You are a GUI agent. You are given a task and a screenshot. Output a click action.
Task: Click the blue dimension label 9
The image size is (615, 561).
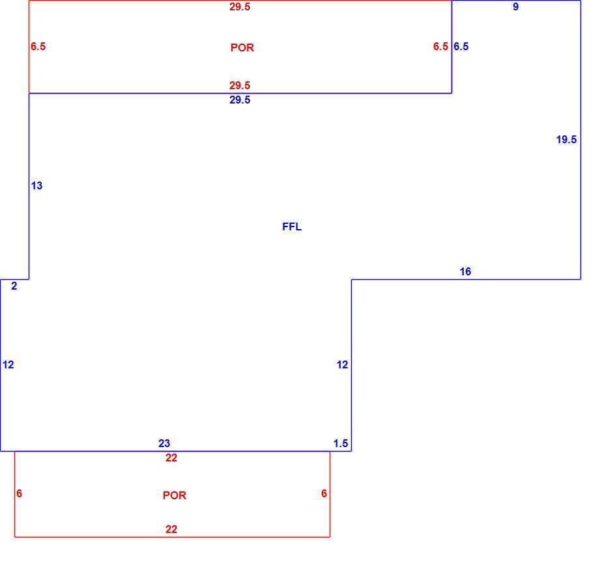click(x=516, y=7)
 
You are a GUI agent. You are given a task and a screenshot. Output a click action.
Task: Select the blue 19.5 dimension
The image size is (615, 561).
click(x=566, y=139)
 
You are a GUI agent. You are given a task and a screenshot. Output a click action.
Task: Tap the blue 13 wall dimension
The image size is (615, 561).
click(x=37, y=185)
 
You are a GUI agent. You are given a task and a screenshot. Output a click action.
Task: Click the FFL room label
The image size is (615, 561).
click(x=292, y=227)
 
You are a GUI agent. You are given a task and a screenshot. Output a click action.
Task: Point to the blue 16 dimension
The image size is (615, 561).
click(x=465, y=271)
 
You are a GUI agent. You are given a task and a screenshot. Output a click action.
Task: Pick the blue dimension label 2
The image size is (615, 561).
click(x=14, y=286)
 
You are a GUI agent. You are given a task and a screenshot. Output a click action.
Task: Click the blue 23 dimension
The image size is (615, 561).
click(x=164, y=443)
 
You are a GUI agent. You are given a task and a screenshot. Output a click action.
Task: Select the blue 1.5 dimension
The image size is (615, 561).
click(x=341, y=443)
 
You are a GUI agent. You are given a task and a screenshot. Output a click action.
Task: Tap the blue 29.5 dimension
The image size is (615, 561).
click(x=240, y=100)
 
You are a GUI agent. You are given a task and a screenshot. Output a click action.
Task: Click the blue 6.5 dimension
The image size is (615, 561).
click(x=461, y=47)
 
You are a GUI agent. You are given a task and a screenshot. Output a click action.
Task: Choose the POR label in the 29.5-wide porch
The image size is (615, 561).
click(x=242, y=48)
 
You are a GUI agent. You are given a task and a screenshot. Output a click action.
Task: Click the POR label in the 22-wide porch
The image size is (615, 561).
click(x=175, y=495)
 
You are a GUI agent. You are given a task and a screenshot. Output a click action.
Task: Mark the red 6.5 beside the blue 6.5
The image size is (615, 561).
click(x=441, y=47)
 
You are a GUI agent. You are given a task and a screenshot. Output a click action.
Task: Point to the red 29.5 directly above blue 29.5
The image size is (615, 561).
click(x=240, y=85)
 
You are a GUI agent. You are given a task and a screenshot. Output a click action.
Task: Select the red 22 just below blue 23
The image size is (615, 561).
click(x=171, y=458)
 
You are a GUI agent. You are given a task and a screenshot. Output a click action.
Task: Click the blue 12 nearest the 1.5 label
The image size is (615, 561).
click(x=343, y=364)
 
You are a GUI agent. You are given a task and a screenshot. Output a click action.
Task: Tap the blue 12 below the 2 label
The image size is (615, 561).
click(x=8, y=364)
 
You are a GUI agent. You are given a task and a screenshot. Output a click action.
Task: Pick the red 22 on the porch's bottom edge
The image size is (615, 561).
click(x=171, y=529)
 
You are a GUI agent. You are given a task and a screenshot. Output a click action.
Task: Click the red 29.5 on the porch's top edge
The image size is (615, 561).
click(x=240, y=7)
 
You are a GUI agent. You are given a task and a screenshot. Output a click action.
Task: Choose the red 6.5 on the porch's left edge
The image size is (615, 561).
click(x=38, y=47)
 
